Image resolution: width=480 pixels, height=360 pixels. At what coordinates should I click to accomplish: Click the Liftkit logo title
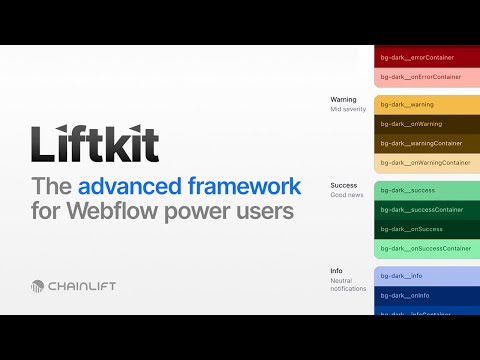[95, 144]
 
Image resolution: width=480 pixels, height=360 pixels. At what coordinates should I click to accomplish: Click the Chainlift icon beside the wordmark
[38, 286]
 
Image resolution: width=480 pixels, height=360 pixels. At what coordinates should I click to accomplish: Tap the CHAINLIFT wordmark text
[82, 286]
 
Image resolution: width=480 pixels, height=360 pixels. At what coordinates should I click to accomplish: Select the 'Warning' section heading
[343, 100]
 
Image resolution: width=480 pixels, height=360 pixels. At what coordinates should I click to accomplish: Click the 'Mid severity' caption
[347, 109]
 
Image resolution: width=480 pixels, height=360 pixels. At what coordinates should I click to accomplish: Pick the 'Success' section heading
[343, 185]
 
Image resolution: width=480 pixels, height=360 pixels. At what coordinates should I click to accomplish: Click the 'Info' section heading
[336, 271]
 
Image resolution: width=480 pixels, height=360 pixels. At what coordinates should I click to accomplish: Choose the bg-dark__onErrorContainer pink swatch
[427, 76]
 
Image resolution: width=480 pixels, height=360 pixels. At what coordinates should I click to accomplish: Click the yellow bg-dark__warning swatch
[427, 104]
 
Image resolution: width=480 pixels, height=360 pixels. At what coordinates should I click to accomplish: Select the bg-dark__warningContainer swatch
[427, 143]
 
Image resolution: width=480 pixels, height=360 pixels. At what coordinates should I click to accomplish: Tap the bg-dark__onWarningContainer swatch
[427, 162]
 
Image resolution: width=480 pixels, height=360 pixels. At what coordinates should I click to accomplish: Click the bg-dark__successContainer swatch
[427, 209]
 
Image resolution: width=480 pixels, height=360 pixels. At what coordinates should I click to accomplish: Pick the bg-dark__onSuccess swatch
[427, 229]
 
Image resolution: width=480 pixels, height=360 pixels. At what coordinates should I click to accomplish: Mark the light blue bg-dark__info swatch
[427, 275]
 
